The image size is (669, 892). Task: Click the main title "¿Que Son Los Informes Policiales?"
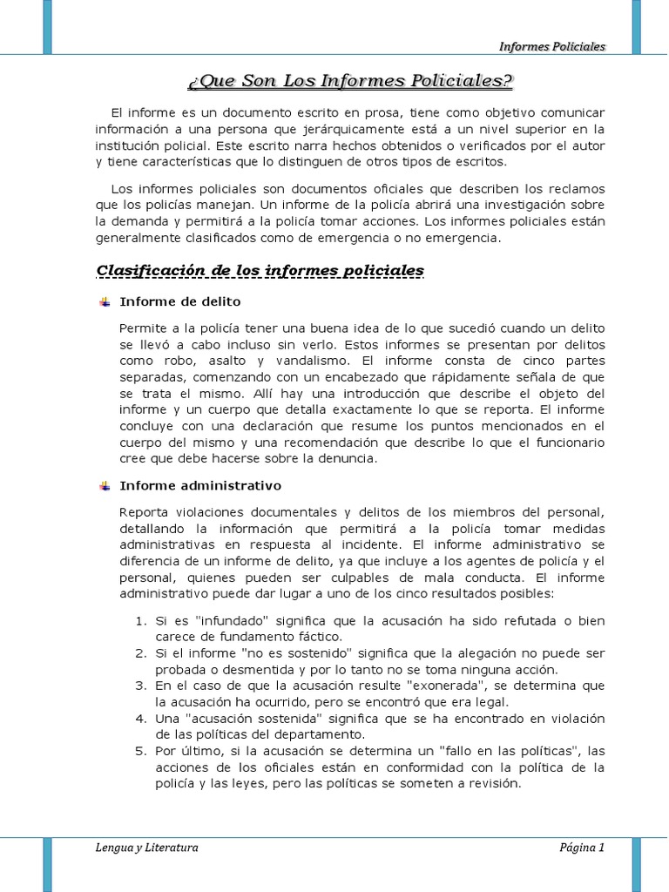coord(350,82)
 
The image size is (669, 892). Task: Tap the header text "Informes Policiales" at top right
coord(552,46)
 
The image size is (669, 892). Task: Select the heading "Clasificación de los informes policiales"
coord(260,271)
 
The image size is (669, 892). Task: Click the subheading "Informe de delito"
coord(179,301)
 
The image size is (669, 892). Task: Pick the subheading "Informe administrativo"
coord(200,485)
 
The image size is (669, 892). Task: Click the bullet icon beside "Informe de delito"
coord(105,301)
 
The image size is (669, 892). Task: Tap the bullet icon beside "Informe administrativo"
coord(105,485)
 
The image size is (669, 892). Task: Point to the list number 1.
coord(141,620)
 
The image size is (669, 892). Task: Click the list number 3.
coord(141,686)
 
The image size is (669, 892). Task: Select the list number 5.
coord(141,751)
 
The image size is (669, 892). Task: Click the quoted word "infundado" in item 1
coord(232,620)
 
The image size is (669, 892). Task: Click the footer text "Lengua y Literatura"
coord(147,848)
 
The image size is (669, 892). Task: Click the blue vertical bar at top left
coord(47,26)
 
